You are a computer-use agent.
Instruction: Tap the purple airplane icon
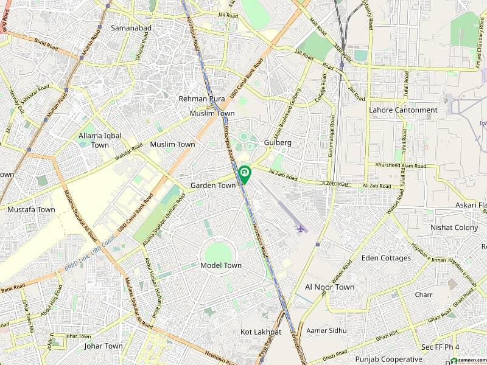click(x=300, y=229)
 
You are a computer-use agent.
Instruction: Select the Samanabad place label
click(x=130, y=28)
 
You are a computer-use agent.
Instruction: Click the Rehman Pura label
click(x=201, y=99)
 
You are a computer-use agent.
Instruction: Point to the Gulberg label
click(x=278, y=142)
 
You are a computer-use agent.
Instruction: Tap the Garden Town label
click(x=213, y=186)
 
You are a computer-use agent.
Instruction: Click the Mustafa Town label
click(x=31, y=209)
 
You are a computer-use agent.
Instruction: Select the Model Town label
click(x=221, y=265)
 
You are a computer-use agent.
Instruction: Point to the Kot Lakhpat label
click(x=261, y=332)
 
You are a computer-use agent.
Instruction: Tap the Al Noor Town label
click(x=329, y=287)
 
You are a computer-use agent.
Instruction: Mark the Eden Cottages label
click(x=386, y=258)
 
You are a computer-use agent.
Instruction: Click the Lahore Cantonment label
click(x=403, y=110)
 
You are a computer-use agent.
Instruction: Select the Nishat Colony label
click(x=454, y=228)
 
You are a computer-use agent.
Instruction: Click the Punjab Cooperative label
click(x=390, y=358)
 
